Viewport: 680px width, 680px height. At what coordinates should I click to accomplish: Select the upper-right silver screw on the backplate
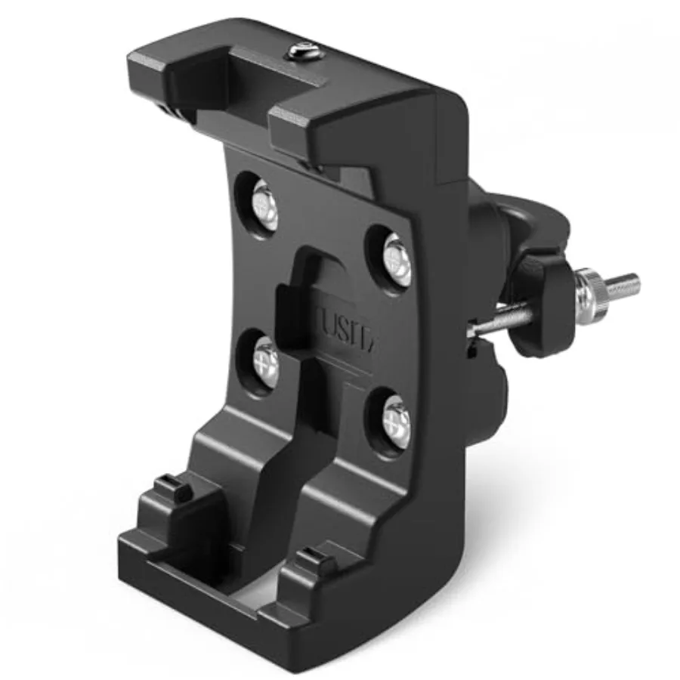[x=396, y=259]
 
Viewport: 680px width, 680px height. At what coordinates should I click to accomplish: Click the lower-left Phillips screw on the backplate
[x=264, y=360]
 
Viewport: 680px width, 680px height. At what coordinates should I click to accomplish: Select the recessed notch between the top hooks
[x=227, y=83]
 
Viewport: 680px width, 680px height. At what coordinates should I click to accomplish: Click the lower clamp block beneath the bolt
[x=491, y=385]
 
